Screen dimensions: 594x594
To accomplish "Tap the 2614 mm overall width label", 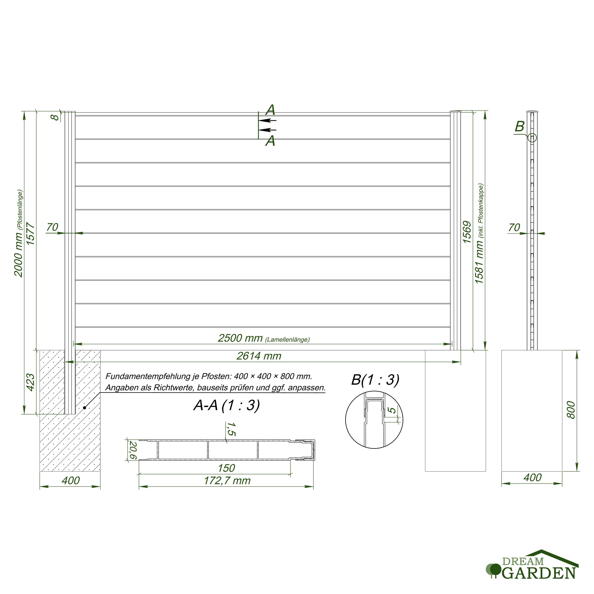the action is [259, 356].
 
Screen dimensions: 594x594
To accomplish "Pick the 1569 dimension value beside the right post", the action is [467, 232].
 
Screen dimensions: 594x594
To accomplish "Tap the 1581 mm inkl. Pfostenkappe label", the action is [479, 234].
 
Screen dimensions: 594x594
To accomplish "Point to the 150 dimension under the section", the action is [226, 468].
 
